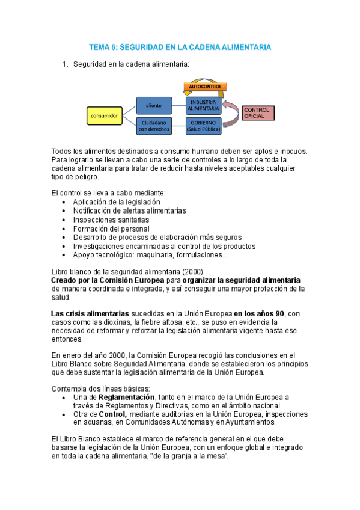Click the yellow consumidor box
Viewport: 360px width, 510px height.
pos(103,114)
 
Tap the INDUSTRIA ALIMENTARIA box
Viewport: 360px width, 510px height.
pos(203,105)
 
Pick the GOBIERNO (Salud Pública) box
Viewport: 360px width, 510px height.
pos(203,125)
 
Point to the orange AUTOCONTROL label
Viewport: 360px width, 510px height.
pos(205,87)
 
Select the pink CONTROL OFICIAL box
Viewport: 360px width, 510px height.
pos(259,113)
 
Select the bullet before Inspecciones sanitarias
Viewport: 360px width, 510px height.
pos(65,220)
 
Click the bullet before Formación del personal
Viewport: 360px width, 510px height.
pos(65,229)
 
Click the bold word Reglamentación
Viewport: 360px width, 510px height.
pos(126,398)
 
